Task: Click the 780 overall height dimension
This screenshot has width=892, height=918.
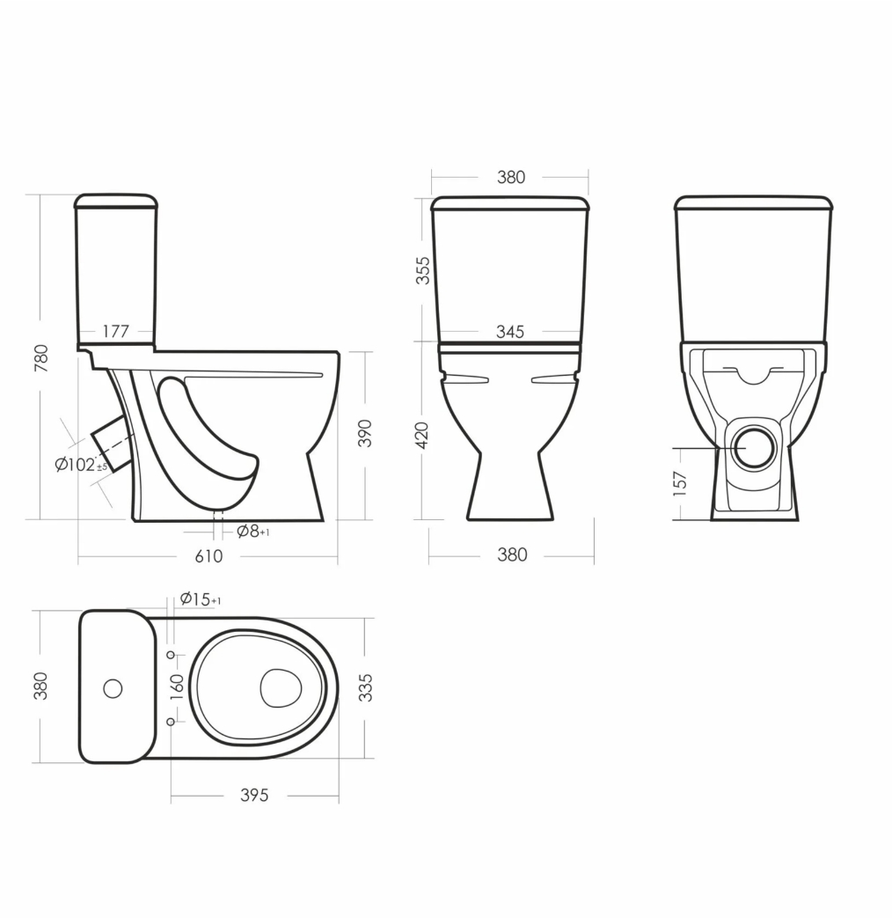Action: [x=41, y=358]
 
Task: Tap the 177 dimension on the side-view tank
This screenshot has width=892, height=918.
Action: [x=115, y=331]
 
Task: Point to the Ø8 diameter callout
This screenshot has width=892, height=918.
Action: [x=252, y=532]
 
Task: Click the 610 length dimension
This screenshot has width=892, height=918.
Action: [x=208, y=555]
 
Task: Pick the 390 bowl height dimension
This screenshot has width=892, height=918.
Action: [x=365, y=433]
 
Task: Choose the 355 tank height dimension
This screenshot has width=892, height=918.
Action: [x=422, y=270]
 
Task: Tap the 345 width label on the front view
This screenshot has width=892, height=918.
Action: [x=510, y=332]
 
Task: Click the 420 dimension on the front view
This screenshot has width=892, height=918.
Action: [x=422, y=435]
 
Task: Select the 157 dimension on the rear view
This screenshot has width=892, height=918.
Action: [x=679, y=483]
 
